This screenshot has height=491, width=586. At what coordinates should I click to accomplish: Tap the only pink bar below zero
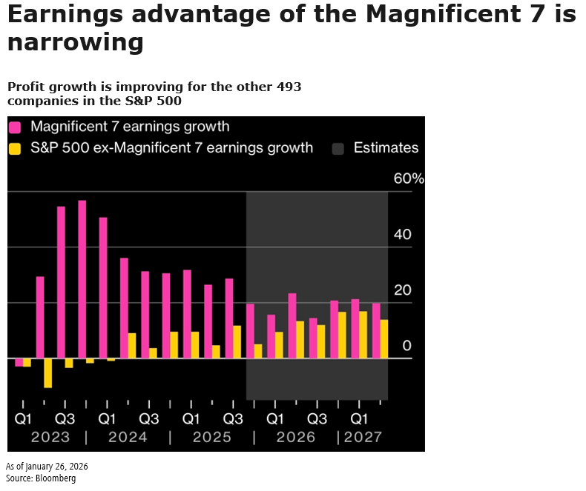tap(19, 362)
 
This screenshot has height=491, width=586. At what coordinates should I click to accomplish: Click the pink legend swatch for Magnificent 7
tap(15, 127)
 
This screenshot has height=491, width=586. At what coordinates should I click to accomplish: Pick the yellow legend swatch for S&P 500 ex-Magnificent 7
tap(15, 148)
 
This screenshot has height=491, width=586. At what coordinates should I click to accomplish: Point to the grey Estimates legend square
tap(338, 148)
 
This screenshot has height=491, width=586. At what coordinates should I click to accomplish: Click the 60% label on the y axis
tap(409, 179)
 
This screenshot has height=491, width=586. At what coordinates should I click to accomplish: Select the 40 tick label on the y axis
tap(401, 235)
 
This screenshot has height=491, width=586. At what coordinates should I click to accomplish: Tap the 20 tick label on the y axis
tap(401, 290)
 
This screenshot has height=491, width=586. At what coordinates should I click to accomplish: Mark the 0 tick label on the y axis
tap(406, 346)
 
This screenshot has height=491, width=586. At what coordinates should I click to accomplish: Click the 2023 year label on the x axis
tap(50, 438)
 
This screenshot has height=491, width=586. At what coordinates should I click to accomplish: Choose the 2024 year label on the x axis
tap(128, 438)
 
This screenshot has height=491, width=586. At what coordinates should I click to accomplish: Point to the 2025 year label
tap(211, 438)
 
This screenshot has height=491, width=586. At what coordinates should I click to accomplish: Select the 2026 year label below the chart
tap(295, 438)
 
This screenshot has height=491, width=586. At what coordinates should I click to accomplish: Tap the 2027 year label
tap(363, 438)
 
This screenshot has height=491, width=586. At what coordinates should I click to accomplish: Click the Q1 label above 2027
tap(359, 418)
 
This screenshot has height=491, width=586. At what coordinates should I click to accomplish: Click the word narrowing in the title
tap(75, 42)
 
